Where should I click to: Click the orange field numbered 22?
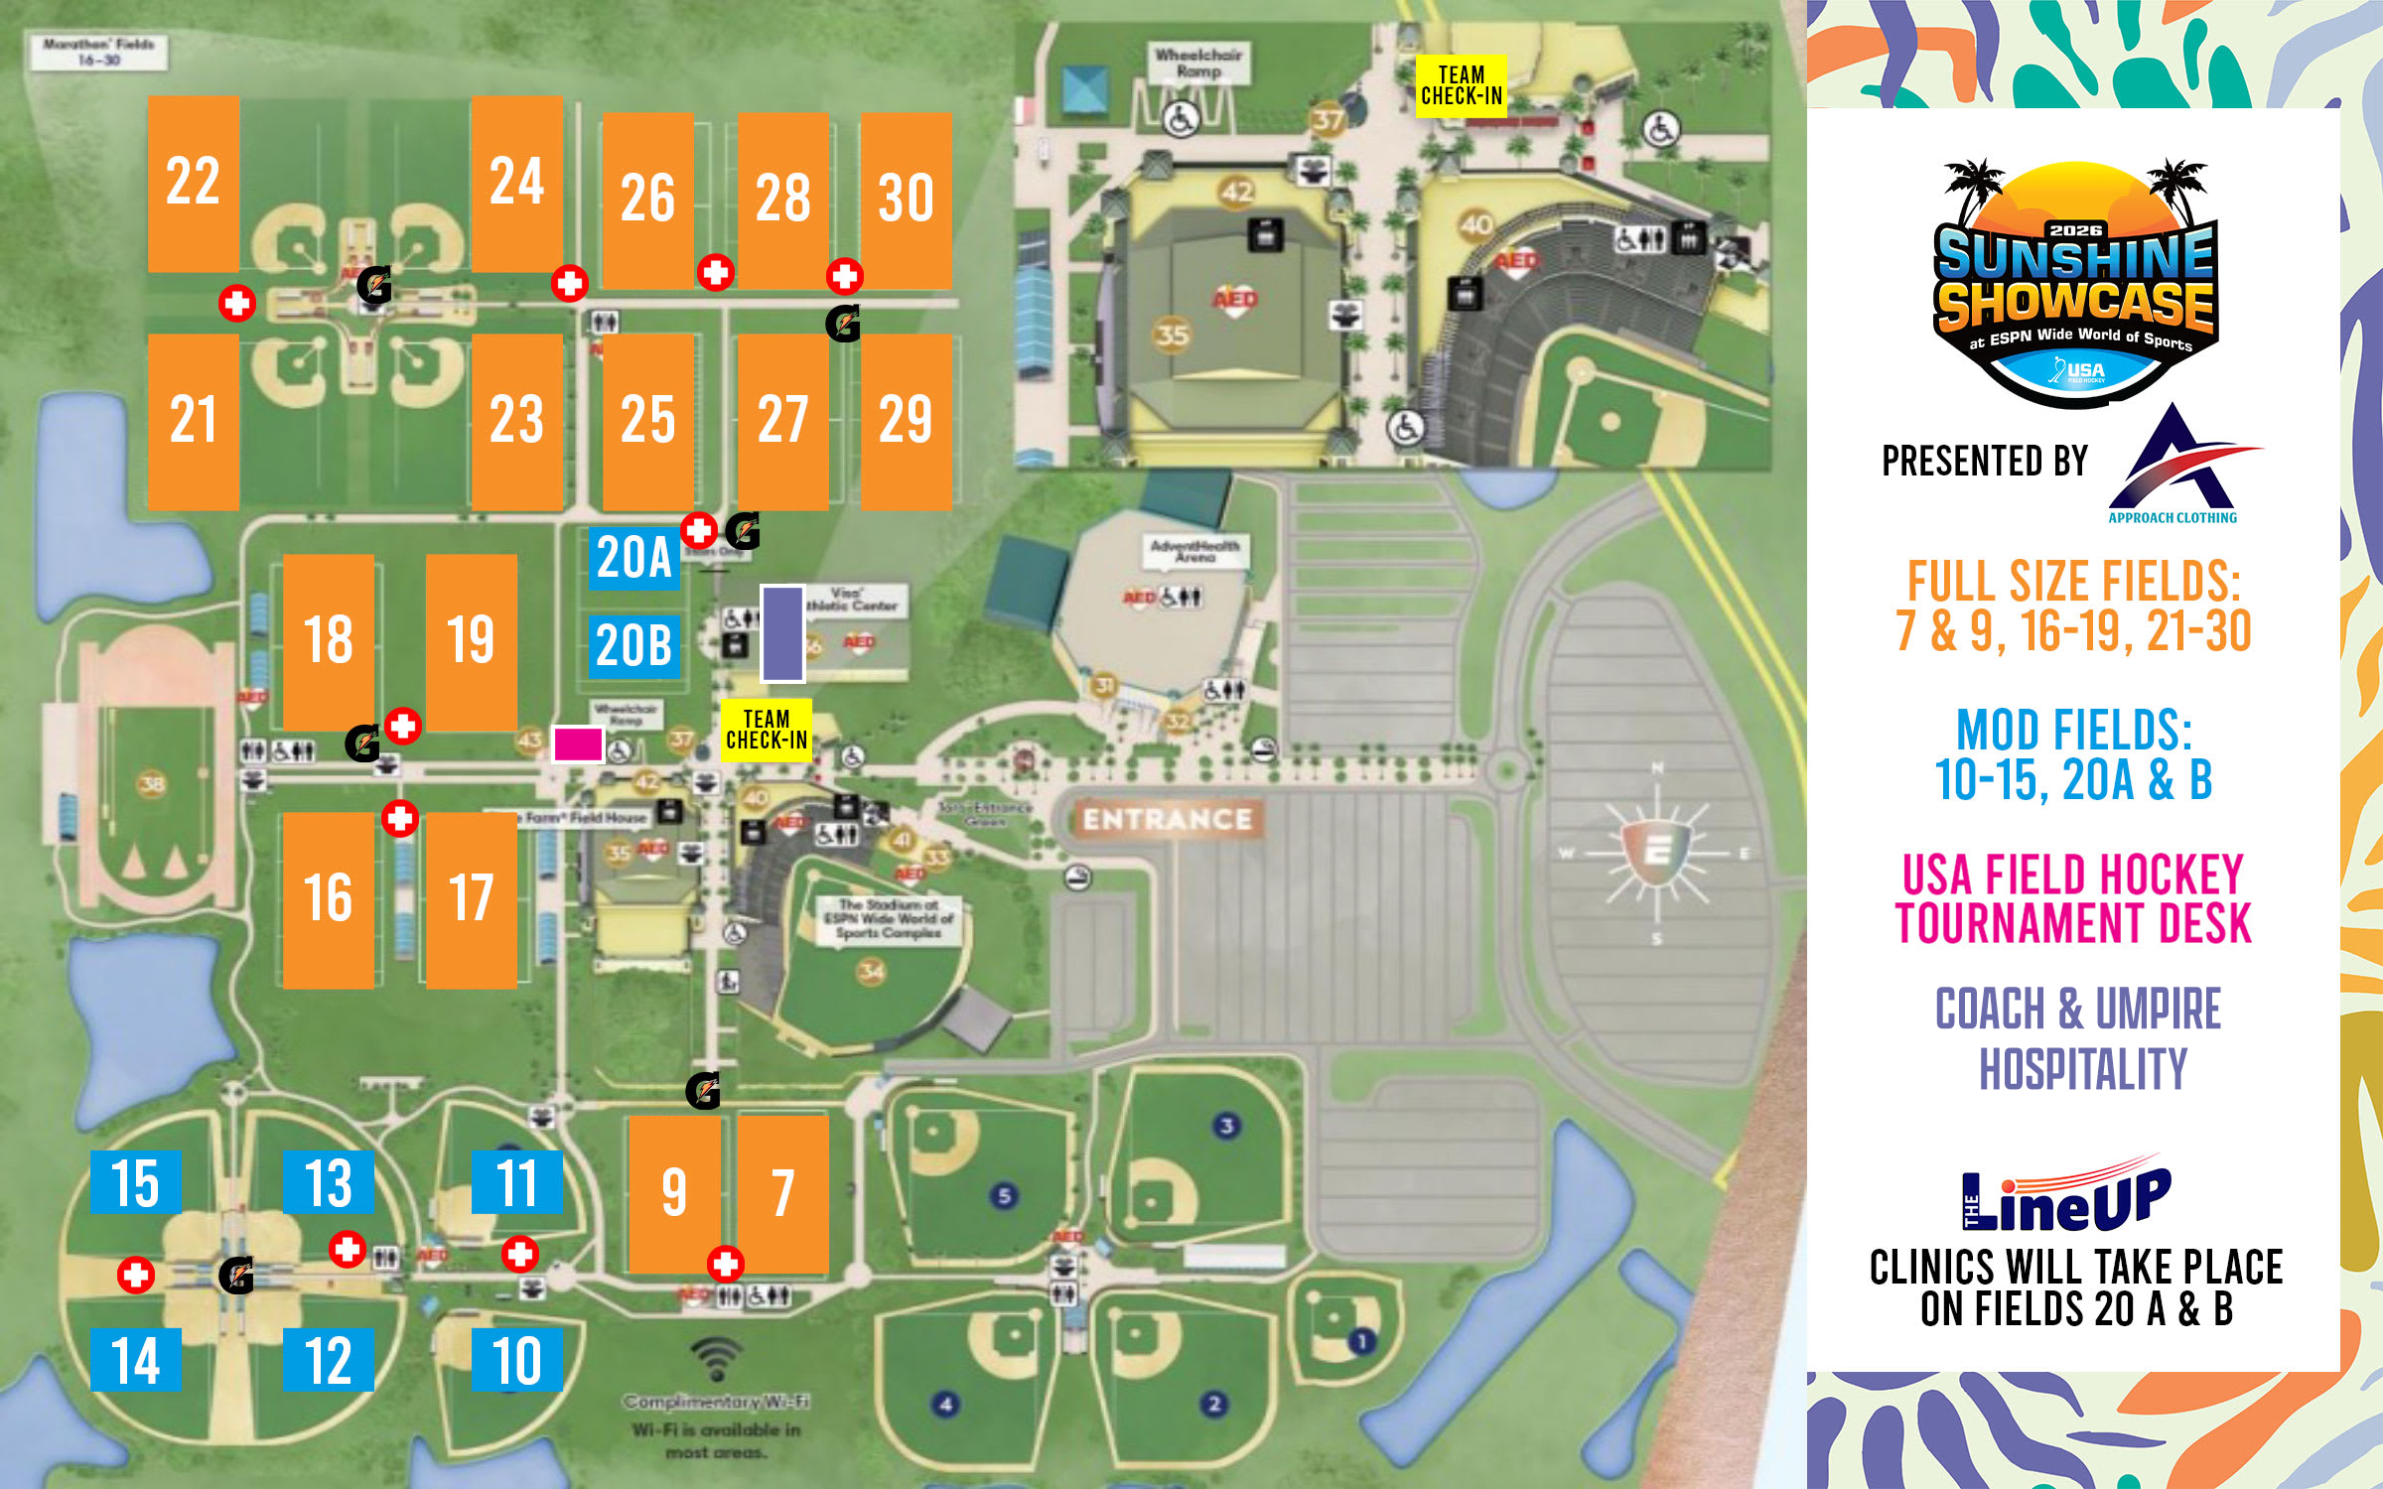193,184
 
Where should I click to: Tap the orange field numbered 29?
906,421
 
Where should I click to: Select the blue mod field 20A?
634,558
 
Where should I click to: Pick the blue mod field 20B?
634,646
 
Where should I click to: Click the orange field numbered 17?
471,899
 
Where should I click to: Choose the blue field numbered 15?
135,1182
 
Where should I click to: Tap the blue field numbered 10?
516,1359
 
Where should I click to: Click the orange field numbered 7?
782,1193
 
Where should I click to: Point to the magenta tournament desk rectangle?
578,744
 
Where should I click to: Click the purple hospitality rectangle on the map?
782,633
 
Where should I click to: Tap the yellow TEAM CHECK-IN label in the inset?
1461,86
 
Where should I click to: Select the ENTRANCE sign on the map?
1167,819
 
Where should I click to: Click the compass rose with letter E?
1655,852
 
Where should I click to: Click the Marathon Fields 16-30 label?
98,52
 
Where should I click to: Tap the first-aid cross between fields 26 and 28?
715,271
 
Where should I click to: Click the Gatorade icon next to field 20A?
743,531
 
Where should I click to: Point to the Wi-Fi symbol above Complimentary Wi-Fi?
716,1357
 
